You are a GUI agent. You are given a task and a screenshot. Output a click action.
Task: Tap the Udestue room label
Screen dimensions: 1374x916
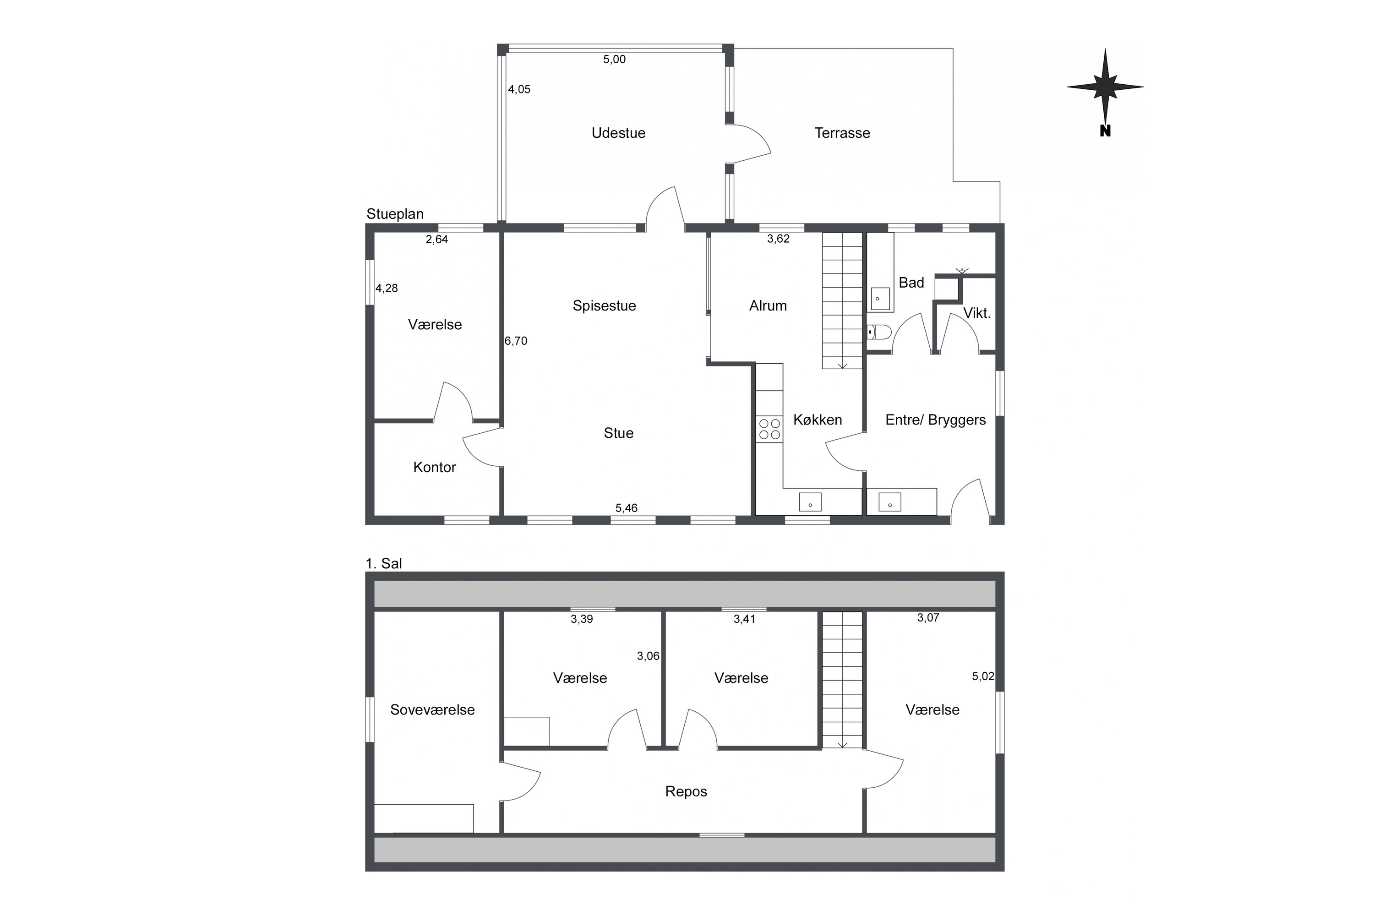618,133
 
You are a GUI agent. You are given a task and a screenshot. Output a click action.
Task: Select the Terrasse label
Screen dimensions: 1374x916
842,133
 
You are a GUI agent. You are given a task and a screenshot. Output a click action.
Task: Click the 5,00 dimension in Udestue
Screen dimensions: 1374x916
614,59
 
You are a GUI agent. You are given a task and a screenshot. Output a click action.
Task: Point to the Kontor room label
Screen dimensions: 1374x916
434,467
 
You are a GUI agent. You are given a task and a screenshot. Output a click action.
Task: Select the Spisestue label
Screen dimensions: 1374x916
604,306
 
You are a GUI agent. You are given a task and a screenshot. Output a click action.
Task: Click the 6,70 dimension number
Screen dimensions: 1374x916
516,341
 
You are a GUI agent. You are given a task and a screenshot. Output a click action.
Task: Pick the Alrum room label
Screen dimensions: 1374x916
768,306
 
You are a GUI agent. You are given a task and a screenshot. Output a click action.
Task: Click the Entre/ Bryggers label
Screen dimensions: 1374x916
935,420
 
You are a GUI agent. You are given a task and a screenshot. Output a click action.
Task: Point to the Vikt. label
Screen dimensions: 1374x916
977,314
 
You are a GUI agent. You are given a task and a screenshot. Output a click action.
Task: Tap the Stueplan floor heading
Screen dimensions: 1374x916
395,214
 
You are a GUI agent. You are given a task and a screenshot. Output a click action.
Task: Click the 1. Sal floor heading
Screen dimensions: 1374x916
384,564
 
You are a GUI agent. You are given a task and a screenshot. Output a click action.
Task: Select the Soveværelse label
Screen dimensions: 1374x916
432,710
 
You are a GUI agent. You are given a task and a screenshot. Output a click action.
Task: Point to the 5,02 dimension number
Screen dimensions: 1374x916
982,676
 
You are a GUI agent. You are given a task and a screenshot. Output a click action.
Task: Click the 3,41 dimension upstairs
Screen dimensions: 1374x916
744,619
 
